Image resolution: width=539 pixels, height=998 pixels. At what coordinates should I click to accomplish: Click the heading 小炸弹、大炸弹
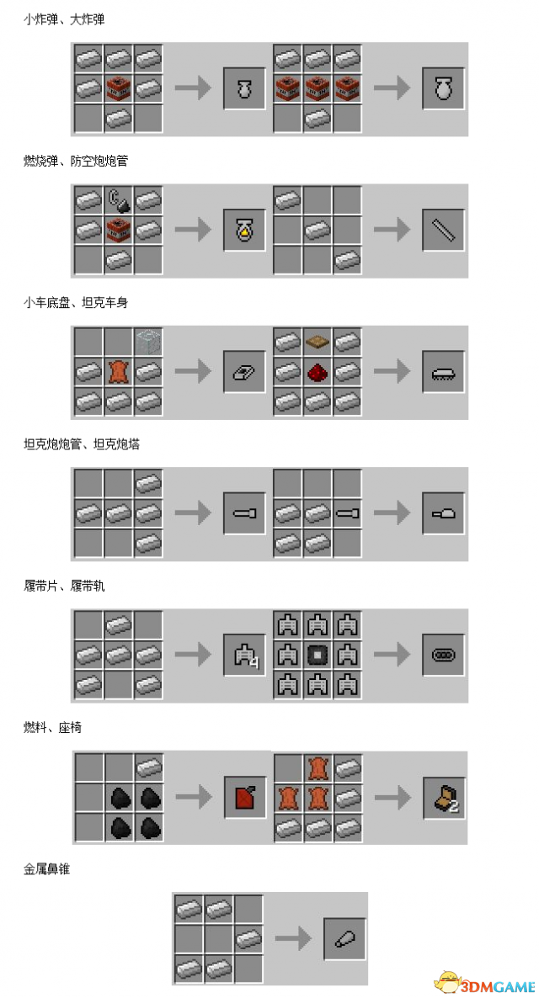point(64,19)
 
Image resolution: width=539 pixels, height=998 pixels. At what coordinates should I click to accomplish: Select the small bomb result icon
point(243,88)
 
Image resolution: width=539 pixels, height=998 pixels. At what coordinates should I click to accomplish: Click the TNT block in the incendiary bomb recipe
point(119,230)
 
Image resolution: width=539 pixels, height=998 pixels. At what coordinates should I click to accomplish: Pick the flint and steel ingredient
point(119,200)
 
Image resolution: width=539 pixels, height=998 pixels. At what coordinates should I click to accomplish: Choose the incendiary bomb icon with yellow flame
point(243,231)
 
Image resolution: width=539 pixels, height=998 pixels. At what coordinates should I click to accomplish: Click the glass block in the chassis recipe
point(148,342)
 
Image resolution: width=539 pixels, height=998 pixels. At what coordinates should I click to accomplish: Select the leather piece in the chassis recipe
point(119,371)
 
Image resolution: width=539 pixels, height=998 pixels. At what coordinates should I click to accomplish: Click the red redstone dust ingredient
point(318,372)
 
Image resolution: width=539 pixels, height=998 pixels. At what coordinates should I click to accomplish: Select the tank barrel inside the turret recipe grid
point(347,513)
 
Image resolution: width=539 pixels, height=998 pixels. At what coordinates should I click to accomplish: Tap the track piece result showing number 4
point(244,656)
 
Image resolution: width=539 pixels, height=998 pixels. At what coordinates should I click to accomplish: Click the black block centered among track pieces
point(318,655)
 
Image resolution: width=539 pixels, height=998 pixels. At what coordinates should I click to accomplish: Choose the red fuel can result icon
point(243,797)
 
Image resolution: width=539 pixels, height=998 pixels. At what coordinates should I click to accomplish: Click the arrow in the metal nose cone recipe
point(293,938)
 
